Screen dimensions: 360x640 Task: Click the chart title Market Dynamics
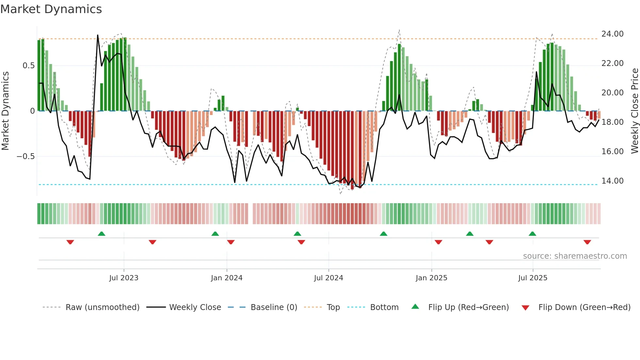click(51, 9)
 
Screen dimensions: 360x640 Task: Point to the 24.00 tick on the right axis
click(612, 34)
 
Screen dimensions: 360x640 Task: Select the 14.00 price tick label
click(612, 181)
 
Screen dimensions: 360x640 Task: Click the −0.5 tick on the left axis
click(25, 156)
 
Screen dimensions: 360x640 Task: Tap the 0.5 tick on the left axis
click(28, 66)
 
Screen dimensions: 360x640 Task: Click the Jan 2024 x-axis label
click(227, 278)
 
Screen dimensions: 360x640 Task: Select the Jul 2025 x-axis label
click(533, 278)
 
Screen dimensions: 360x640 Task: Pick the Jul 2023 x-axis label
click(124, 278)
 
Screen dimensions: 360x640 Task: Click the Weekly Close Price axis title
click(634, 111)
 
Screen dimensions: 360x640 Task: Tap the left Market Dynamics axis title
click(5, 111)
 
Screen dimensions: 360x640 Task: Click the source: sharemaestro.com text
click(575, 256)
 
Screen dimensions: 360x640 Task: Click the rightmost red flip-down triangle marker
click(587, 242)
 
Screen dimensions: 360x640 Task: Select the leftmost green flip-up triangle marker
click(102, 234)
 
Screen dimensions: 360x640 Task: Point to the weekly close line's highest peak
click(98, 35)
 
